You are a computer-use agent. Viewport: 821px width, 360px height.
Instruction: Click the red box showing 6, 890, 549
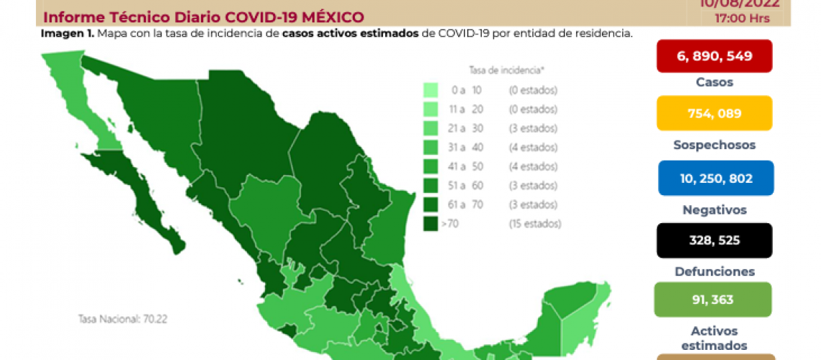pos(714,56)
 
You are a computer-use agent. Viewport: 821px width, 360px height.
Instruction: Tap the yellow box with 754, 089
pos(714,113)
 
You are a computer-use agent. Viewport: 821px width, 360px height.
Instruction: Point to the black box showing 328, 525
pos(714,240)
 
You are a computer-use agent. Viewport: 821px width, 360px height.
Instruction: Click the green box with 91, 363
pos(713,300)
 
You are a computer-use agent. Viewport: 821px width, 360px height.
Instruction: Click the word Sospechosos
pos(714,145)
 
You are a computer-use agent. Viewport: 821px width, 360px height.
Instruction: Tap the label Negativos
pos(714,210)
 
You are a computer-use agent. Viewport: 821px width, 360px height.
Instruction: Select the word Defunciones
pos(714,271)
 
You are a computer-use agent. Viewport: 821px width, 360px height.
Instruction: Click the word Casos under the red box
pos(714,82)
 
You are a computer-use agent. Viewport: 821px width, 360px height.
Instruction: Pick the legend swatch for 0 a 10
pos(431,90)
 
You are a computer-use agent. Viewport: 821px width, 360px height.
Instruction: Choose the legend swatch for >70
pos(431,224)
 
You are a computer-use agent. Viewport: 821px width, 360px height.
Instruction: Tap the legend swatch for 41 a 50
pos(431,166)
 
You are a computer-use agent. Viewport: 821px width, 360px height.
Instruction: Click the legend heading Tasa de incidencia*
pos(496,70)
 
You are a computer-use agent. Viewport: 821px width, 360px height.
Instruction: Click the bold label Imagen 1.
pos(67,34)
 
